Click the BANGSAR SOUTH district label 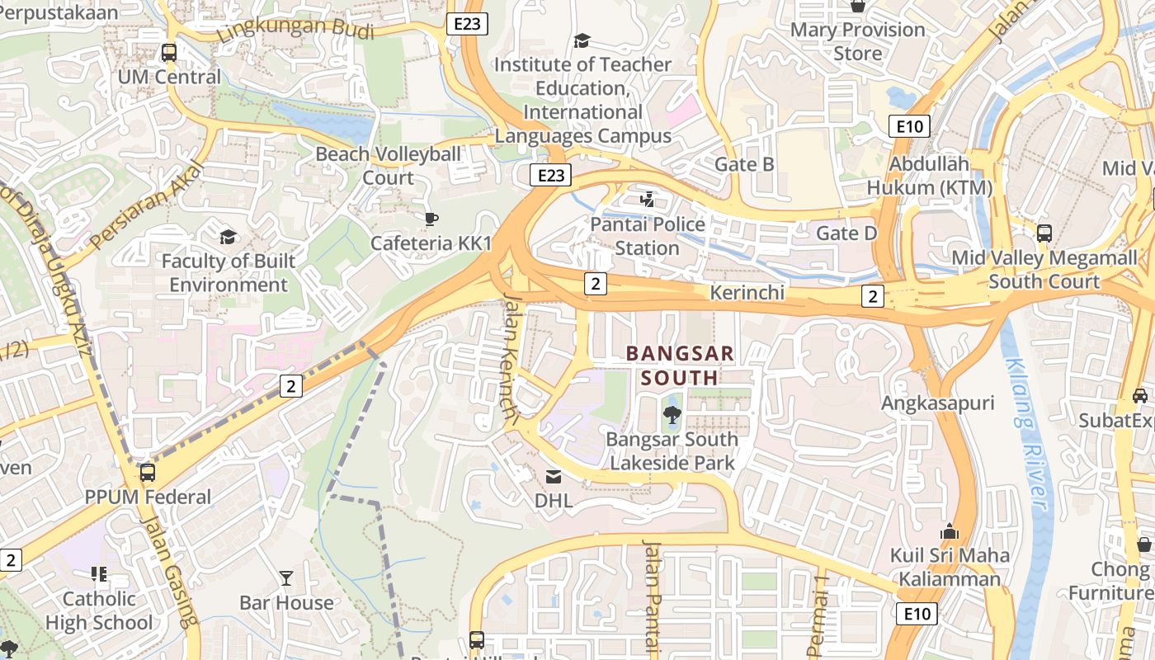pyautogui.click(x=680, y=365)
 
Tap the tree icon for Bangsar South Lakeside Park pyautogui.click(x=672, y=415)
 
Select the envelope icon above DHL pyautogui.click(x=553, y=476)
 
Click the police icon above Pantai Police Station pyautogui.click(x=648, y=199)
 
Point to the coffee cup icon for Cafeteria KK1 pyautogui.click(x=431, y=219)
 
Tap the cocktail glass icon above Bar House pyautogui.click(x=286, y=577)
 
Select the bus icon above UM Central pyautogui.click(x=169, y=52)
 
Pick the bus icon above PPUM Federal pyautogui.click(x=148, y=473)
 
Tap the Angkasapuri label pyautogui.click(x=937, y=403)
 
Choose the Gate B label pyautogui.click(x=744, y=164)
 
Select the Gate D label pyautogui.click(x=846, y=233)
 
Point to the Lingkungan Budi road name pyautogui.click(x=295, y=30)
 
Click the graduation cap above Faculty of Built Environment pyautogui.click(x=228, y=238)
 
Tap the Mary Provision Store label pyautogui.click(x=857, y=41)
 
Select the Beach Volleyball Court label pyautogui.click(x=389, y=166)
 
